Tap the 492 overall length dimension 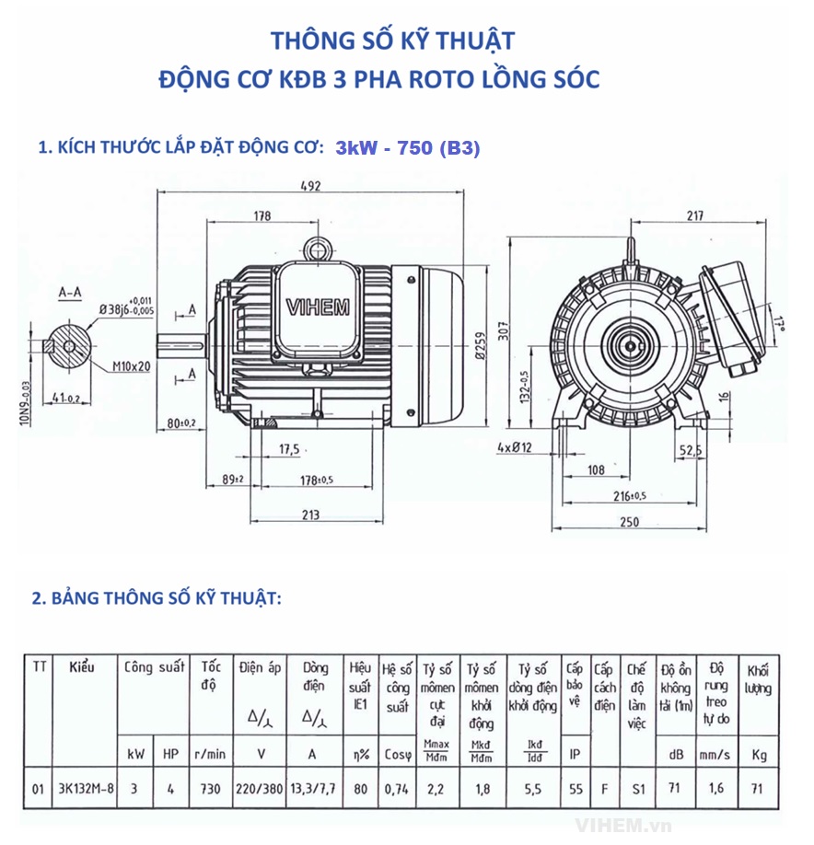pos(309,187)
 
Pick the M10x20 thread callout pos(132,365)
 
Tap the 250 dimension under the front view pos(629,522)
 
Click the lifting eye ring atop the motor pos(320,248)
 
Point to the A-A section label pos(70,292)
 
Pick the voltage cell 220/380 pos(258,789)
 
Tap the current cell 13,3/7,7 pos(312,789)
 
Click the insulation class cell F pos(603,789)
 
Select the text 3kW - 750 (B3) pos(408,148)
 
